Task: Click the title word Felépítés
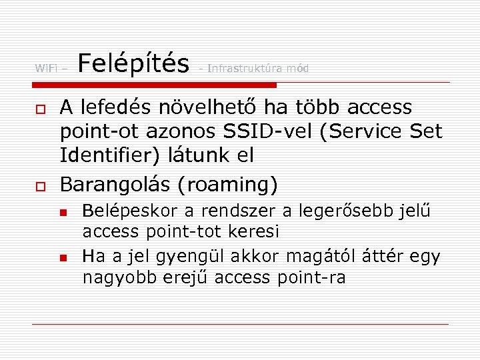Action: [133, 64]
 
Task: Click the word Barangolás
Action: [113, 184]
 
